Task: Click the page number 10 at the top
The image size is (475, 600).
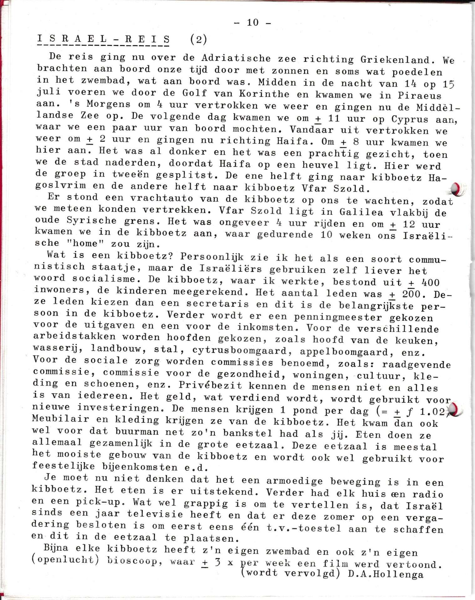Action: (x=253, y=22)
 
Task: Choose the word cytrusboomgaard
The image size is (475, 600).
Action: (x=243, y=351)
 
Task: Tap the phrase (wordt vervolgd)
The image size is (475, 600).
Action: (x=291, y=573)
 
